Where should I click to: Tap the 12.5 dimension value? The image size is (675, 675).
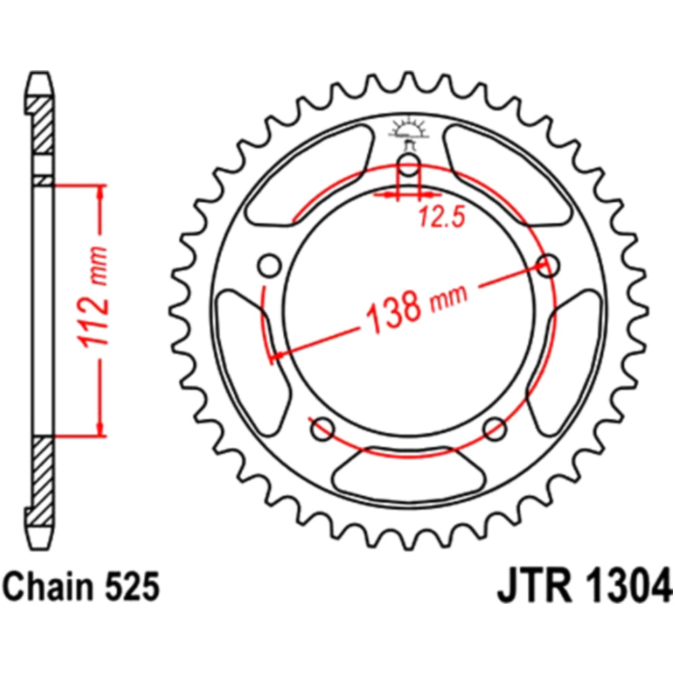tap(442, 217)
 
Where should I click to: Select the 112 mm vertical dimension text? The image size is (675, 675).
tap(92, 296)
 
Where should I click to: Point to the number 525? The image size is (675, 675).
tap(132, 587)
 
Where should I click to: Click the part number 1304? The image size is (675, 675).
tap(626, 586)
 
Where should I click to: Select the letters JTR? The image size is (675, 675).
tap(535, 587)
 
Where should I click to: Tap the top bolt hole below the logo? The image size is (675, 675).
tap(408, 164)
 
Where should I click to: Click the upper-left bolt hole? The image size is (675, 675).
tap(270, 265)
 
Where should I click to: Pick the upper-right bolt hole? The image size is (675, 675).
tap(547, 265)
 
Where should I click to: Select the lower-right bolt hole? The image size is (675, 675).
tap(495, 429)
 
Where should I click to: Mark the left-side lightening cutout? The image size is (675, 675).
tap(252, 362)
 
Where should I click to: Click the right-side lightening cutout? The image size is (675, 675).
tap(565, 362)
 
